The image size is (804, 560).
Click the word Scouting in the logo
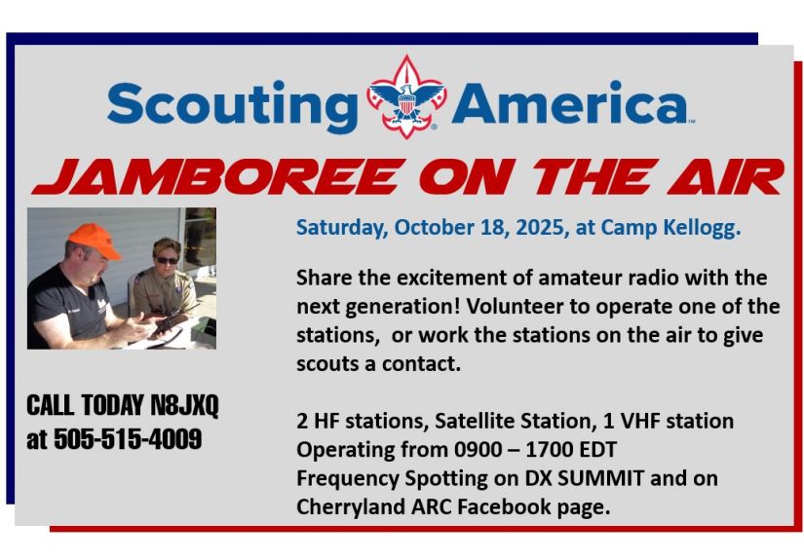coord(232,106)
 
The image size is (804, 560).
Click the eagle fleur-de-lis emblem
coord(406,96)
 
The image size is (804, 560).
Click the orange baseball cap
coord(94,241)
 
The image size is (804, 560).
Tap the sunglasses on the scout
coord(168,260)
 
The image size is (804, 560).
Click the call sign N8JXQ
coord(184,406)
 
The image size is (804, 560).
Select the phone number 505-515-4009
coord(128,439)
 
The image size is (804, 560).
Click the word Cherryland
coord(350,507)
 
